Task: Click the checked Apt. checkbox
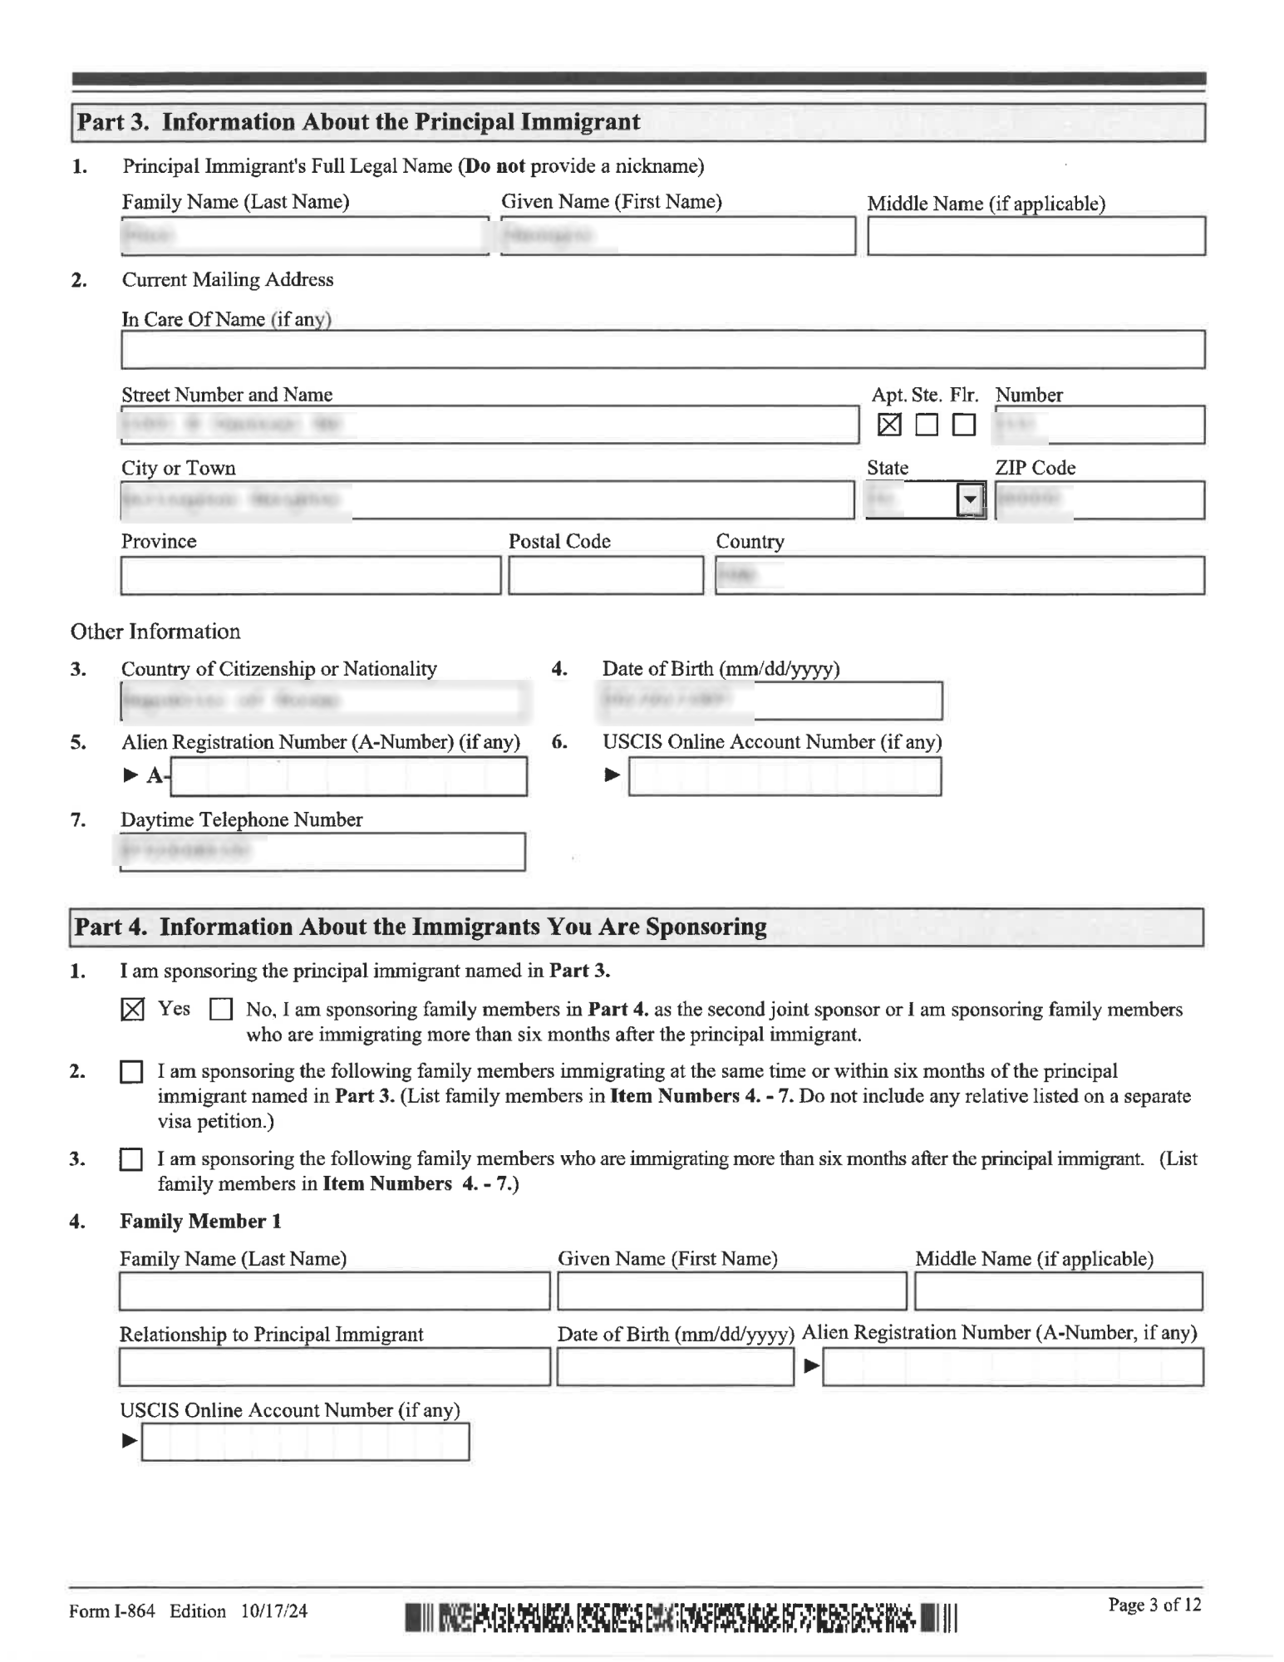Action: tap(888, 425)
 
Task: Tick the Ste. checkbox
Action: tap(926, 425)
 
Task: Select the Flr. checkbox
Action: tap(963, 425)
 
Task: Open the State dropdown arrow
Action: tap(969, 499)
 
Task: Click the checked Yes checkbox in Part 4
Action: tap(132, 1010)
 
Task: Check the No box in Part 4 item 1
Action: tap(220, 1010)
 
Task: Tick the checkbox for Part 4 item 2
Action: tap(131, 1072)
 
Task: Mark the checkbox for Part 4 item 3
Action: tap(131, 1159)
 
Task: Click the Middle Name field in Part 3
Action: tap(1036, 236)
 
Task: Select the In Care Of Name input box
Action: tap(662, 349)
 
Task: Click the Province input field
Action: tap(311, 575)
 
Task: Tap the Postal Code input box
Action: tap(605, 575)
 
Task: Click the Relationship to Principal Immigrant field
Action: tap(334, 1367)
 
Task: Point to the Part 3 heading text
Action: tap(358, 122)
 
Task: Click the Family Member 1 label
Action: tap(200, 1221)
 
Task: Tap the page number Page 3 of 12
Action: tap(1154, 1605)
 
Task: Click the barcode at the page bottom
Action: tap(681, 1617)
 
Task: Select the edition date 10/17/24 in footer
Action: tap(274, 1611)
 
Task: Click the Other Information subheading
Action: tap(155, 632)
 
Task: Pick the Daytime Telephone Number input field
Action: tap(322, 852)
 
